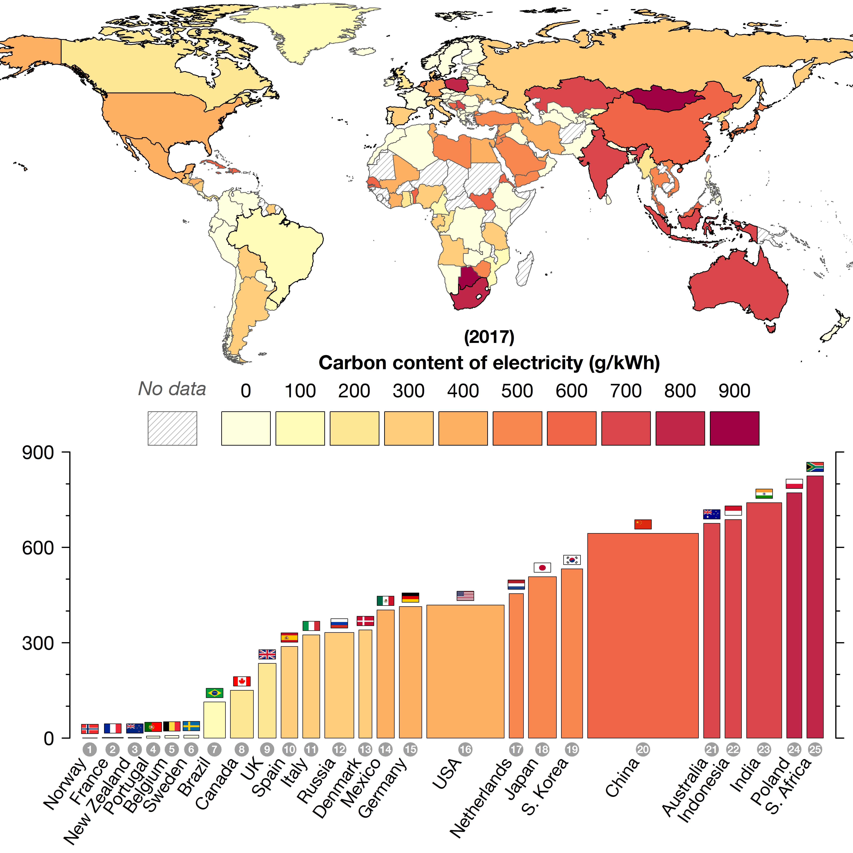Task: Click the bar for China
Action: coord(643,636)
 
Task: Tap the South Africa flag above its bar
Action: coord(815,467)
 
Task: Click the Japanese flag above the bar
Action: coord(542,567)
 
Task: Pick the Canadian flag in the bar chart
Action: coord(242,681)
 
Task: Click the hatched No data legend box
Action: coord(172,428)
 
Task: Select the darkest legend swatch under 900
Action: coord(734,428)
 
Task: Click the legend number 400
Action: coord(463,391)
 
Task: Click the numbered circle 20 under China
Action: coord(643,749)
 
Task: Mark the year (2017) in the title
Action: coord(489,337)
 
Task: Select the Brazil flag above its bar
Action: coord(215,693)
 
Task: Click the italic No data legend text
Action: coord(172,389)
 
